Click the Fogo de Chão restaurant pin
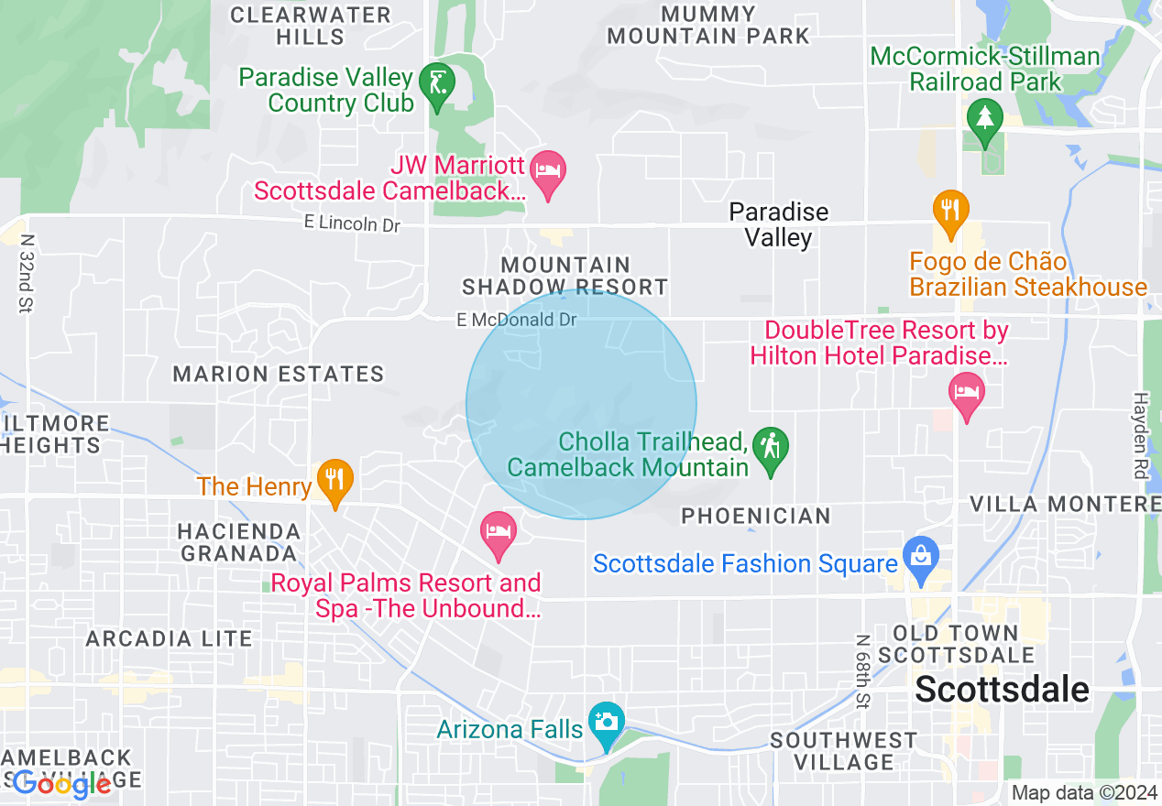(x=950, y=210)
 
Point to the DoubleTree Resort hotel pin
(x=965, y=393)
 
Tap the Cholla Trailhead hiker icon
(x=771, y=447)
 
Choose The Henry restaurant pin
(x=335, y=479)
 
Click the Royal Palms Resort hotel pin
(x=499, y=532)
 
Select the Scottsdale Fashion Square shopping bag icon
(x=920, y=555)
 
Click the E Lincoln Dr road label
(x=353, y=223)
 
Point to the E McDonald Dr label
(x=517, y=320)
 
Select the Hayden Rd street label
(x=1140, y=436)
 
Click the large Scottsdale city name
(x=1003, y=689)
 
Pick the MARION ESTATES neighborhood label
(x=279, y=374)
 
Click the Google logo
(x=62, y=784)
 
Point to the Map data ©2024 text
(x=1084, y=792)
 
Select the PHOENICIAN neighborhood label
(x=756, y=516)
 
